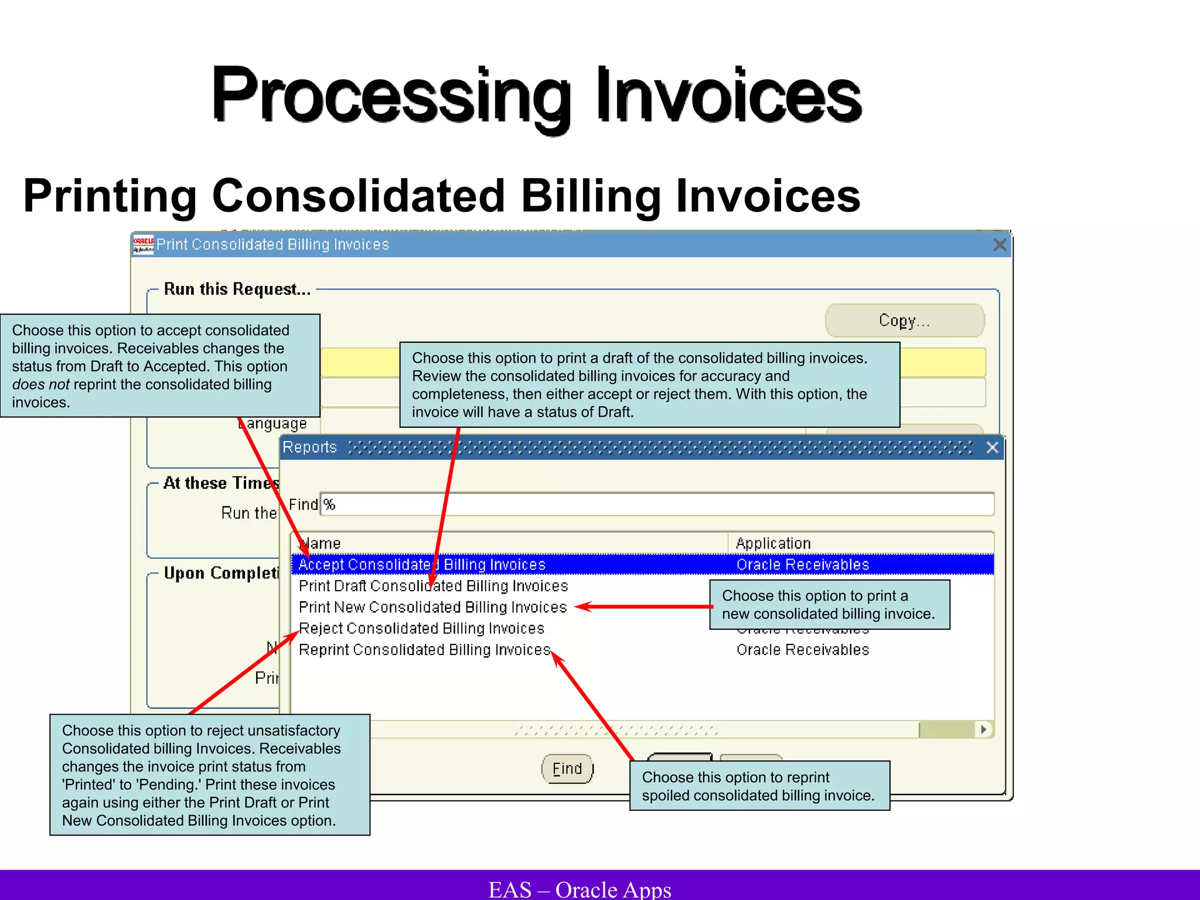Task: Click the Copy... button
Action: click(x=904, y=321)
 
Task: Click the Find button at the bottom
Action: click(x=567, y=769)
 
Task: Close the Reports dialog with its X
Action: click(x=992, y=448)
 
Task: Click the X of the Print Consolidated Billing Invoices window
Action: click(x=1000, y=245)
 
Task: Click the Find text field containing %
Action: click(x=656, y=504)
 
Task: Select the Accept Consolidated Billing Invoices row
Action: click(x=422, y=565)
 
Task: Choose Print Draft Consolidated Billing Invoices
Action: click(x=433, y=586)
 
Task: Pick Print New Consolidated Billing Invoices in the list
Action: click(x=432, y=607)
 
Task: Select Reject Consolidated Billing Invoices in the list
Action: click(x=421, y=629)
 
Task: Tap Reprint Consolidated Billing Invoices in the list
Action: click(x=424, y=650)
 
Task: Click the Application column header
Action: click(x=773, y=544)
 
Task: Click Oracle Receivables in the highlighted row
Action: click(x=802, y=565)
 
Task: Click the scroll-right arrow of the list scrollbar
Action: click(x=984, y=729)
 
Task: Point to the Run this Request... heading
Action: click(x=237, y=289)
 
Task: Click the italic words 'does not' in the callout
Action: click(x=40, y=384)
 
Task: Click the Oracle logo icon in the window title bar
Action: click(x=143, y=244)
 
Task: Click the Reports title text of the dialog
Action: click(x=309, y=448)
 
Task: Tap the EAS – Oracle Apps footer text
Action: click(x=579, y=889)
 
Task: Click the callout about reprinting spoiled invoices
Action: click(x=759, y=786)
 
